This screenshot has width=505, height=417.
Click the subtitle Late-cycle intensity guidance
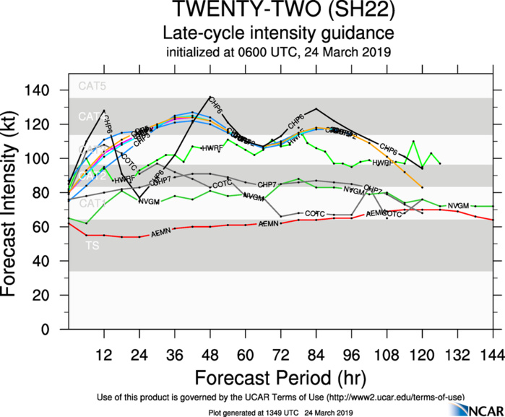click(277, 34)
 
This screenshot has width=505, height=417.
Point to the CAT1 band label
click(92, 203)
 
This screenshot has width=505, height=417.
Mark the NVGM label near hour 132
click(459, 206)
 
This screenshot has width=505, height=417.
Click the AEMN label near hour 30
click(163, 232)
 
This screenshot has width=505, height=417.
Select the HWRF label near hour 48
click(213, 148)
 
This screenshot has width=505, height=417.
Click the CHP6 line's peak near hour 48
click(210, 97)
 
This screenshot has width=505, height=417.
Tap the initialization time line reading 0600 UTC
click(278, 52)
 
